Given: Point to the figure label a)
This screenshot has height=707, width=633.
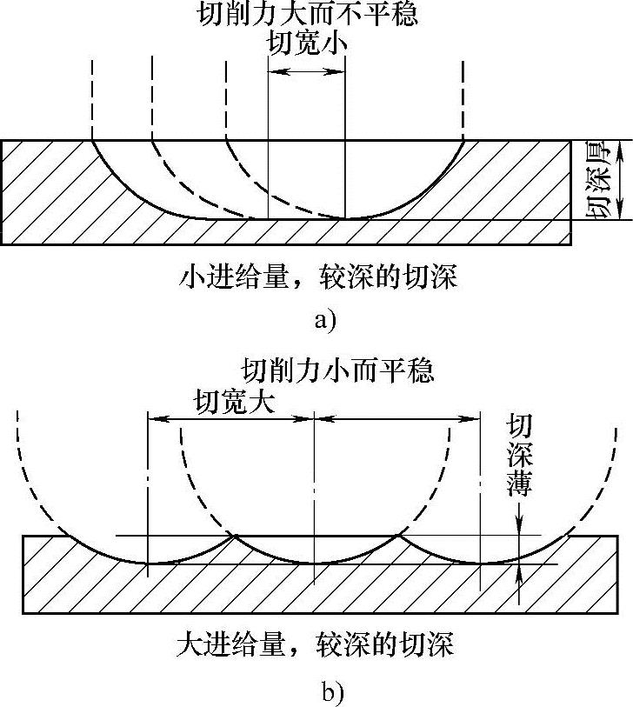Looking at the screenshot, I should (x=323, y=319).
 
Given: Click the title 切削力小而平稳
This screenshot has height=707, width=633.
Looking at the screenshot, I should (x=336, y=370).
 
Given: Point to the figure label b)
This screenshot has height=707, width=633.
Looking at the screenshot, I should (x=332, y=692).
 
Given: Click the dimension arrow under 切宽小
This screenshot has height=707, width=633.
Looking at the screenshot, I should (x=306, y=72).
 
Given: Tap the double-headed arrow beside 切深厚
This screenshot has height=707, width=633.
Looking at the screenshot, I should (x=618, y=180).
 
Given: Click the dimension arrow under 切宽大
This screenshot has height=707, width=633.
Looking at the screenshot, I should (x=230, y=418).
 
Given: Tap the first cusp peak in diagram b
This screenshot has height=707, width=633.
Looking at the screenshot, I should (x=233, y=535).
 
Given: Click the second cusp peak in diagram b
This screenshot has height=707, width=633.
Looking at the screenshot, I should (x=399, y=535).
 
